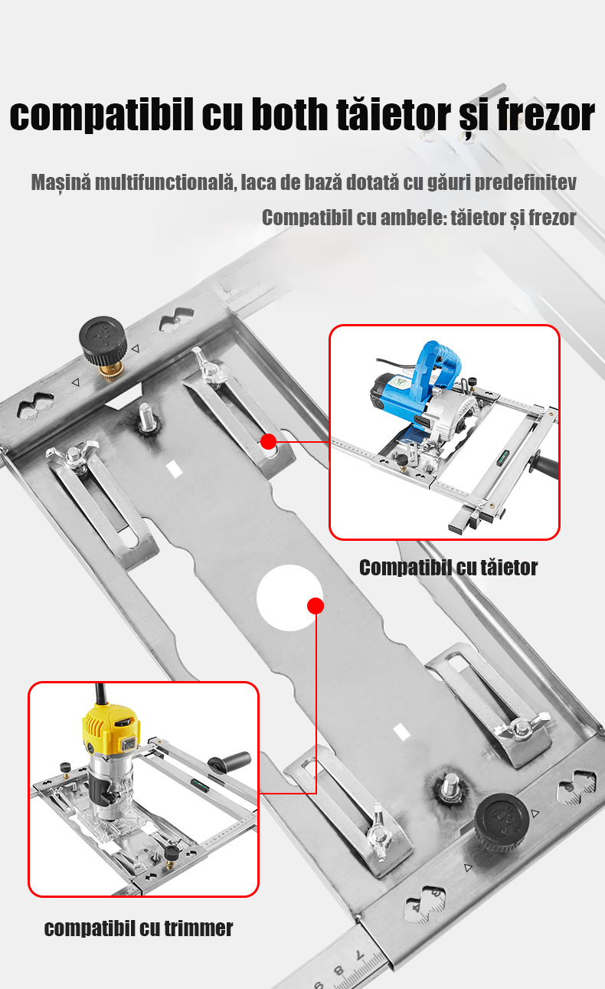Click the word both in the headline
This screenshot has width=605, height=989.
click(291, 115)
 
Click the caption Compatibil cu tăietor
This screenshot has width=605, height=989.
click(448, 568)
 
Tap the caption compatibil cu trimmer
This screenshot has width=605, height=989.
click(139, 928)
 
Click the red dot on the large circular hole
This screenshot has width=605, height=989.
click(315, 606)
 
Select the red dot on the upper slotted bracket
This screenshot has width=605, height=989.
click(268, 441)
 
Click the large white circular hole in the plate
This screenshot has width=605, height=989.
click(289, 598)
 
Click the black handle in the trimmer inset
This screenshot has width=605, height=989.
click(231, 762)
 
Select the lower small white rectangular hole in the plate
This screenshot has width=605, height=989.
click(401, 731)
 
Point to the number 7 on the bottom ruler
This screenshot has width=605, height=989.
click(360, 955)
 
